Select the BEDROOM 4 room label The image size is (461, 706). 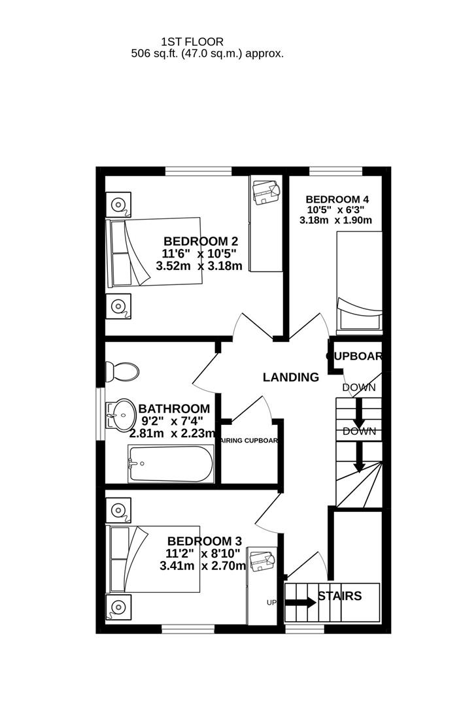(337, 199)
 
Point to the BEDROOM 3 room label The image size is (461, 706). (205, 541)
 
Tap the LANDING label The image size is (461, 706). (290, 377)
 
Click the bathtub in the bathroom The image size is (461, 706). (171, 463)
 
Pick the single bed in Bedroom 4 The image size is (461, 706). (358, 281)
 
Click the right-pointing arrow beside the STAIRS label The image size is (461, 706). (299, 602)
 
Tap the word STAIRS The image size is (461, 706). (339, 596)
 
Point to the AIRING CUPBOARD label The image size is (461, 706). (251, 441)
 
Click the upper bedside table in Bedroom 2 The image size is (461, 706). (119, 204)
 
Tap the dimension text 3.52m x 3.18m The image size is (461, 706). (199, 266)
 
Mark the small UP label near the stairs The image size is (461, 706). (271, 602)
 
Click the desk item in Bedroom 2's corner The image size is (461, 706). (266, 192)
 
